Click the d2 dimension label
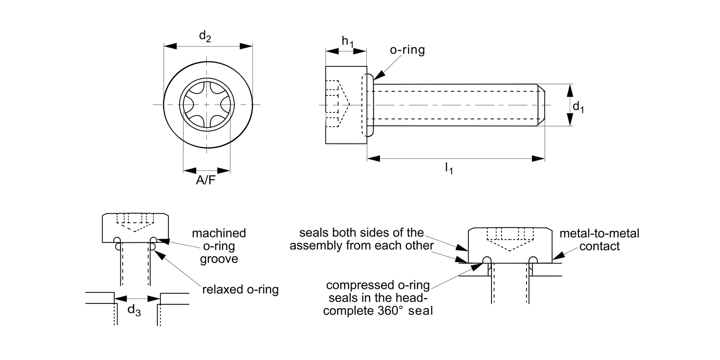click(x=205, y=36)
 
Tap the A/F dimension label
click(x=206, y=181)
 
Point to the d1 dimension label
click(x=578, y=107)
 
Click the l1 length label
click(x=449, y=168)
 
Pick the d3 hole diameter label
click(x=134, y=310)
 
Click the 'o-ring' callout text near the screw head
click(x=407, y=50)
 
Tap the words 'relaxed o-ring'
click(x=240, y=289)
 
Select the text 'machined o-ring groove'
click(x=219, y=246)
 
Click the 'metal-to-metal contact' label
click(x=602, y=240)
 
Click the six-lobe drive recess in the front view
click(x=207, y=104)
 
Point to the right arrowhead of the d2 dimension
click(x=247, y=46)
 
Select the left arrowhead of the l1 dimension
click(x=373, y=158)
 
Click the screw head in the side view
click(x=346, y=105)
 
